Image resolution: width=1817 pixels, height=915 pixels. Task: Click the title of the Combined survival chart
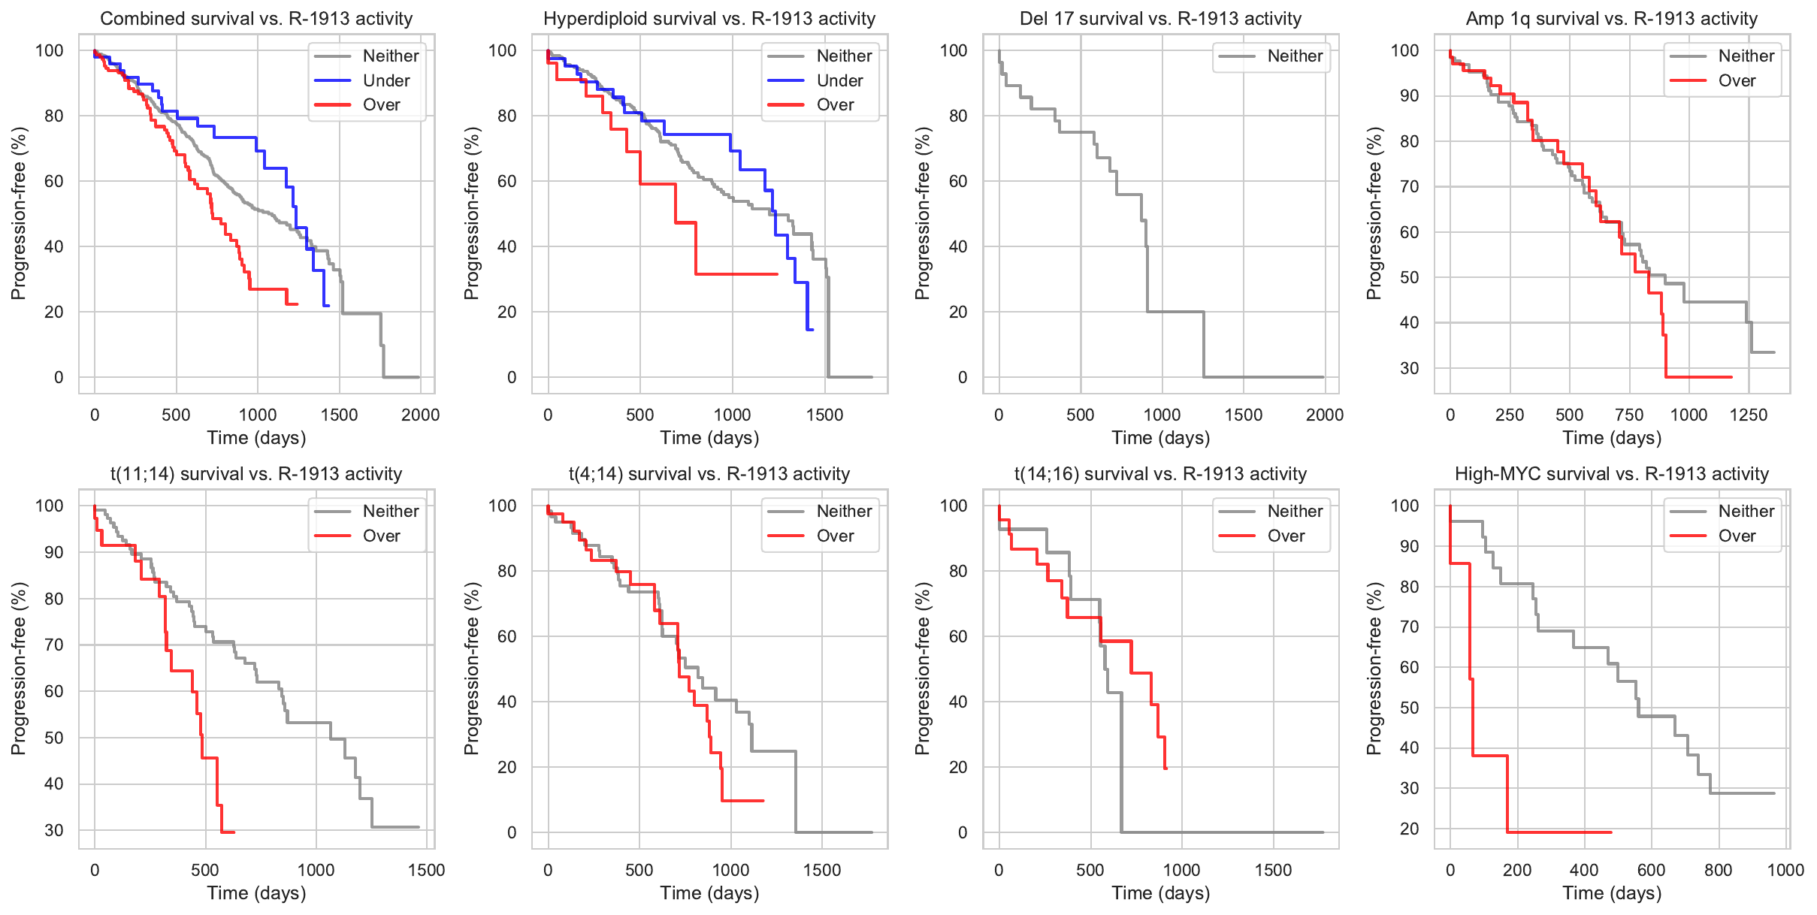256,19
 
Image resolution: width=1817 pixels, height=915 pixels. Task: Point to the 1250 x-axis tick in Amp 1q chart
1749,415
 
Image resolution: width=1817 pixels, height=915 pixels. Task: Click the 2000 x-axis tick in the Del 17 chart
1325,415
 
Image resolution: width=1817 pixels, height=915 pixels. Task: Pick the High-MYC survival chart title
1612,474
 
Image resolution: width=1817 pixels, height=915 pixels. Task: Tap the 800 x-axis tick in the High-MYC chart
1719,870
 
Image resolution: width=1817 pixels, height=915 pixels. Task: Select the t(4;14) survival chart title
709,474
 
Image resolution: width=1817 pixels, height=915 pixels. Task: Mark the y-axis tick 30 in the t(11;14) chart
54,830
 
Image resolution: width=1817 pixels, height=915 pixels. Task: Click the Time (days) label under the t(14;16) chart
1161,893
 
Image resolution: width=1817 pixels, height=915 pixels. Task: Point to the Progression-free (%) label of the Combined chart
18,213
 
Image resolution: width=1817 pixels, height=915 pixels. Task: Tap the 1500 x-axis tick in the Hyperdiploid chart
825,415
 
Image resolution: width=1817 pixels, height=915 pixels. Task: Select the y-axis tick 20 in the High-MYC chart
1409,829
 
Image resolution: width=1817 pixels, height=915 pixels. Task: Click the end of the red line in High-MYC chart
1611,832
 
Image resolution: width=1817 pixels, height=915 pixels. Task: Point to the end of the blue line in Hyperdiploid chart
812,330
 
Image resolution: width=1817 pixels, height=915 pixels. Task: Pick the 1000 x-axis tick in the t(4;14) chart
731,870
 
